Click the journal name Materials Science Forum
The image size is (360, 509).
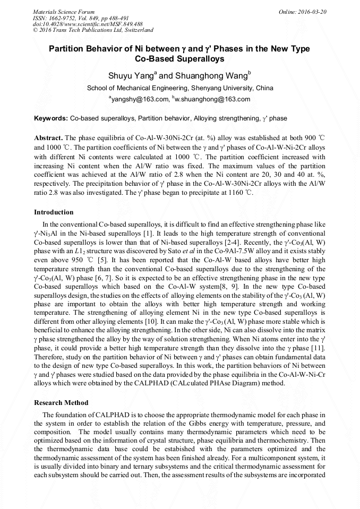64,12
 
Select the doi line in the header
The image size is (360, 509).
88,24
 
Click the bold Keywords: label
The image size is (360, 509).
51,118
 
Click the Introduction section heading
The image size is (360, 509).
54,212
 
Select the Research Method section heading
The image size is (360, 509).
61,403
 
